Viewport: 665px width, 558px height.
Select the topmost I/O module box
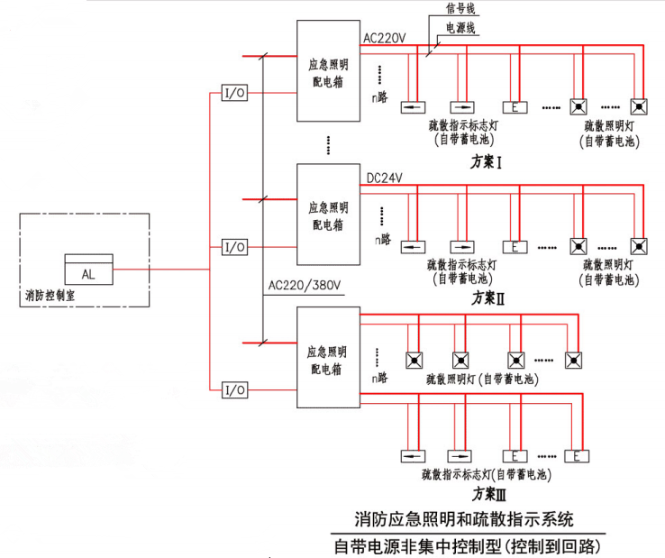pyautogui.click(x=234, y=93)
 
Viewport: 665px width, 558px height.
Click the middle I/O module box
pyautogui.click(x=234, y=246)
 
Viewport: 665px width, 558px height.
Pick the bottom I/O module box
pyautogui.click(x=234, y=389)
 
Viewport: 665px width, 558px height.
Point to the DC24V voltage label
pyautogui.click(x=386, y=178)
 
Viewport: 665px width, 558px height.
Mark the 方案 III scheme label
pyautogui.click(x=489, y=493)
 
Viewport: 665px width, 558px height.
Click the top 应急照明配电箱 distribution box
pyautogui.click(x=327, y=71)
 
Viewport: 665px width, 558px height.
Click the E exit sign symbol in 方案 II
pyautogui.click(x=515, y=245)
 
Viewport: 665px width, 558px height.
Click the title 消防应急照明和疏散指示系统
pyautogui.click(x=464, y=519)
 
